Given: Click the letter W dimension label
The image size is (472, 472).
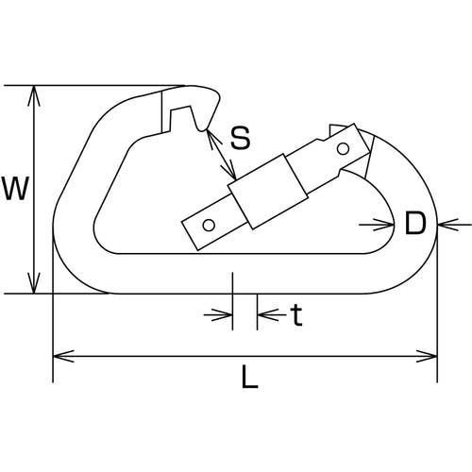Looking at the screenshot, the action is pyautogui.click(x=15, y=188).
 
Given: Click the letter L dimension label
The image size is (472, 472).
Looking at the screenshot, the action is pyautogui.click(x=249, y=376).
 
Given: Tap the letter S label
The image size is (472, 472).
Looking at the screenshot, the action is pyautogui.click(x=241, y=138).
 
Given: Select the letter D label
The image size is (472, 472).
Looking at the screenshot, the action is pyautogui.click(x=415, y=224).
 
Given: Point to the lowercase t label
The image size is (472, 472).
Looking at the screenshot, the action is pyautogui.click(x=296, y=315).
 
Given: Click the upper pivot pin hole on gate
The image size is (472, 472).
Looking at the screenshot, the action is pyautogui.click(x=343, y=148).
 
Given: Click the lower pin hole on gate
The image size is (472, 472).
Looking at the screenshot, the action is pyautogui.click(x=209, y=225).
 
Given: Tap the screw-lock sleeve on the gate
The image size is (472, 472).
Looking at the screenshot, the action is pyautogui.click(x=267, y=191).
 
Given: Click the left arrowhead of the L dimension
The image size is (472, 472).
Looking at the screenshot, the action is pyautogui.click(x=63, y=356).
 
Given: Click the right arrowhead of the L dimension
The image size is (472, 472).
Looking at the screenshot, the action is pyautogui.click(x=427, y=356).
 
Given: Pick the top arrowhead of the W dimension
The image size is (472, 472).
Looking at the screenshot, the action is pyautogui.click(x=34, y=96).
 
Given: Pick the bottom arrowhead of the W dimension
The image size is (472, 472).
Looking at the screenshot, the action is pyautogui.click(x=34, y=283).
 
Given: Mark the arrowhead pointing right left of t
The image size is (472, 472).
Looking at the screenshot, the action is pyautogui.click(x=222, y=314).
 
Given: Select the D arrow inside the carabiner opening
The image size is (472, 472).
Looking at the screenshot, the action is pyautogui.click(x=383, y=225).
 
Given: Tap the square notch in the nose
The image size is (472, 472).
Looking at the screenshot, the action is pyautogui.click(x=180, y=118).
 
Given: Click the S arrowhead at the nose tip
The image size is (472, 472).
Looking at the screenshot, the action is pyautogui.click(x=211, y=139).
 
